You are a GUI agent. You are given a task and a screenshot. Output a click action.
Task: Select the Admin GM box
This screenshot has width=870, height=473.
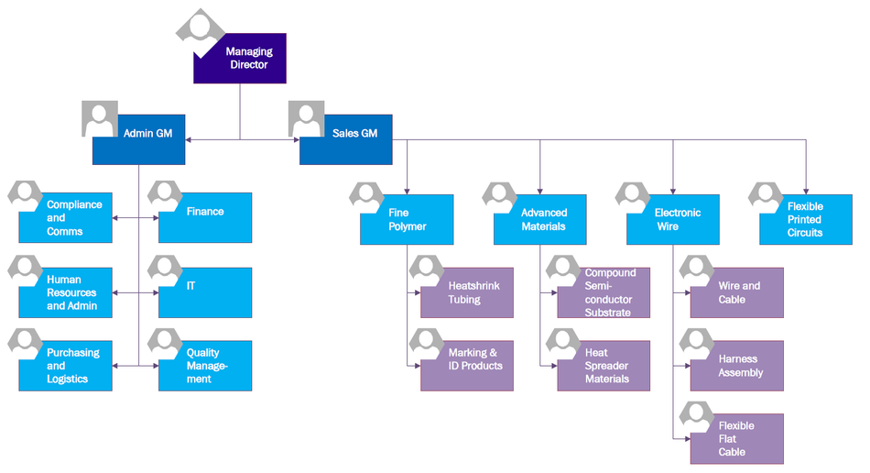click(139, 139)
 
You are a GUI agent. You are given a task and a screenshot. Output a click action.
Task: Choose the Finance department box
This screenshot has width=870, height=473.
click(205, 218)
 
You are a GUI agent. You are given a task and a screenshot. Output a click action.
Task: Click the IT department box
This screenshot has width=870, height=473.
click(205, 292)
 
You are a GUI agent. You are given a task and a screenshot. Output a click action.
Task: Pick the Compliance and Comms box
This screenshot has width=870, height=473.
click(66, 218)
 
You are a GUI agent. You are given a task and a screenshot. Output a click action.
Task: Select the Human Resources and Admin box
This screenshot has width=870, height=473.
click(66, 292)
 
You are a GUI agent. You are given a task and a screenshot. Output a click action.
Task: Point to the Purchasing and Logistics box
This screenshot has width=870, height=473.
click(66, 366)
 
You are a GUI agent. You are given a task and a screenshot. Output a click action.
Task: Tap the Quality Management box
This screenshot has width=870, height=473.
click(205, 366)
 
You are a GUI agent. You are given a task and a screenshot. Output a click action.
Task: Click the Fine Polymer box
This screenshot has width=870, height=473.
click(407, 220)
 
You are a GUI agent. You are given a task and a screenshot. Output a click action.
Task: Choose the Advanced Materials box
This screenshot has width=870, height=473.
click(540, 220)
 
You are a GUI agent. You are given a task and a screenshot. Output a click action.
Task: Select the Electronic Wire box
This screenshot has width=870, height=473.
click(673, 220)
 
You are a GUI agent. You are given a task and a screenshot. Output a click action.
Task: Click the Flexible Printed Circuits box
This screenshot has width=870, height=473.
click(806, 220)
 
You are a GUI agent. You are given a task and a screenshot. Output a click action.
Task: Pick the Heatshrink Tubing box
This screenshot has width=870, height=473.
click(467, 292)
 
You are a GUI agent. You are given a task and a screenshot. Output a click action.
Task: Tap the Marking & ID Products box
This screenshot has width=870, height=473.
click(467, 366)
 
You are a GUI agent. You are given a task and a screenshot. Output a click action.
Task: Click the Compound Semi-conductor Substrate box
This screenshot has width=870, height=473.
click(604, 292)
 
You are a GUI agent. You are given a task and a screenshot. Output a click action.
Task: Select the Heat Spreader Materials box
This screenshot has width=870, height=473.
click(604, 366)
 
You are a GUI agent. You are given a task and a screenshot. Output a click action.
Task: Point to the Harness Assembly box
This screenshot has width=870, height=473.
click(737, 366)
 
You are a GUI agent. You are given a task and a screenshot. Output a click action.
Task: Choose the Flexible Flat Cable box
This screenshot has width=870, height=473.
click(737, 438)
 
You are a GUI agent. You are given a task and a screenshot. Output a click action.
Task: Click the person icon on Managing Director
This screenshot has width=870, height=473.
click(200, 28)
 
